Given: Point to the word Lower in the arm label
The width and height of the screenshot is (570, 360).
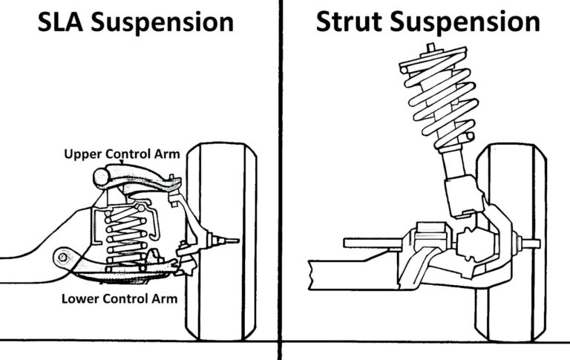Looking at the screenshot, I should pyautogui.click(x=81, y=298).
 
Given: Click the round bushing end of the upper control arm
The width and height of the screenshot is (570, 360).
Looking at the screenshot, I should pyautogui.click(x=102, y=177).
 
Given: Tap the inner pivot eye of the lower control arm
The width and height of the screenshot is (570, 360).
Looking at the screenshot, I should pyautogui.click(x=62, y=258).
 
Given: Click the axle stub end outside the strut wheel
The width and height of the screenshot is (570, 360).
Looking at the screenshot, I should pyautogui.click(x=553, y=243).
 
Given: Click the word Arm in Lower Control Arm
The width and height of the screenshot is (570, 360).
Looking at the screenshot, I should pyautogui.click(x=165, y=298).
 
